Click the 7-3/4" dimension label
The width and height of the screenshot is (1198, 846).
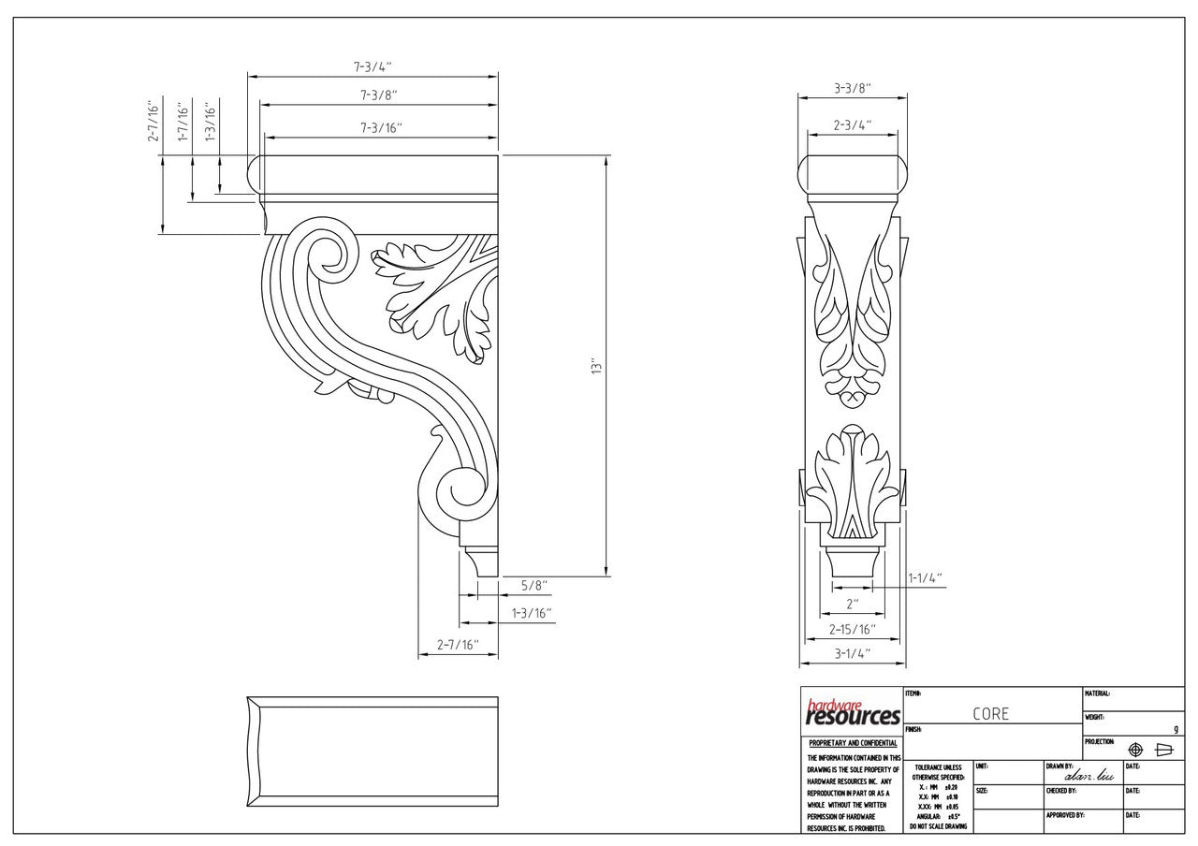(x=372, y=66)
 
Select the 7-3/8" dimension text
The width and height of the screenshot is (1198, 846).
(x=377, y=95)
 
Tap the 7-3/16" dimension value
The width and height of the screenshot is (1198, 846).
(x=380, y=128)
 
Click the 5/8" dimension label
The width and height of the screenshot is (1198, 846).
(x=534, y=586)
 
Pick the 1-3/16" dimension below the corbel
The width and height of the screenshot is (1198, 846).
(x=532, y=614)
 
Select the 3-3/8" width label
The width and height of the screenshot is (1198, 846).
(x=852, y=88)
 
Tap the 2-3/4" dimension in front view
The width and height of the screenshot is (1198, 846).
(x=853, y=124)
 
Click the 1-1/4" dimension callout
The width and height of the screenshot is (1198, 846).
(x=925, y=578)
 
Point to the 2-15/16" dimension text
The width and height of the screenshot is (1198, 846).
(x=852, y=629)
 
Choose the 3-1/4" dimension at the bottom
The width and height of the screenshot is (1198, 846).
(x=852, y=654)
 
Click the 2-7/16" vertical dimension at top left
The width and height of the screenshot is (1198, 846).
(x=153, y=122)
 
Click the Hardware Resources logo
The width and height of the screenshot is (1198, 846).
(x=852, y=713)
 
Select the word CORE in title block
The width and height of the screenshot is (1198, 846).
(x=990, y=714)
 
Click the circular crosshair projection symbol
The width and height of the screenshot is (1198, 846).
(x=1136, y=750)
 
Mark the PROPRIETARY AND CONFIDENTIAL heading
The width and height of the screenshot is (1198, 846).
(x=852, y=744)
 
